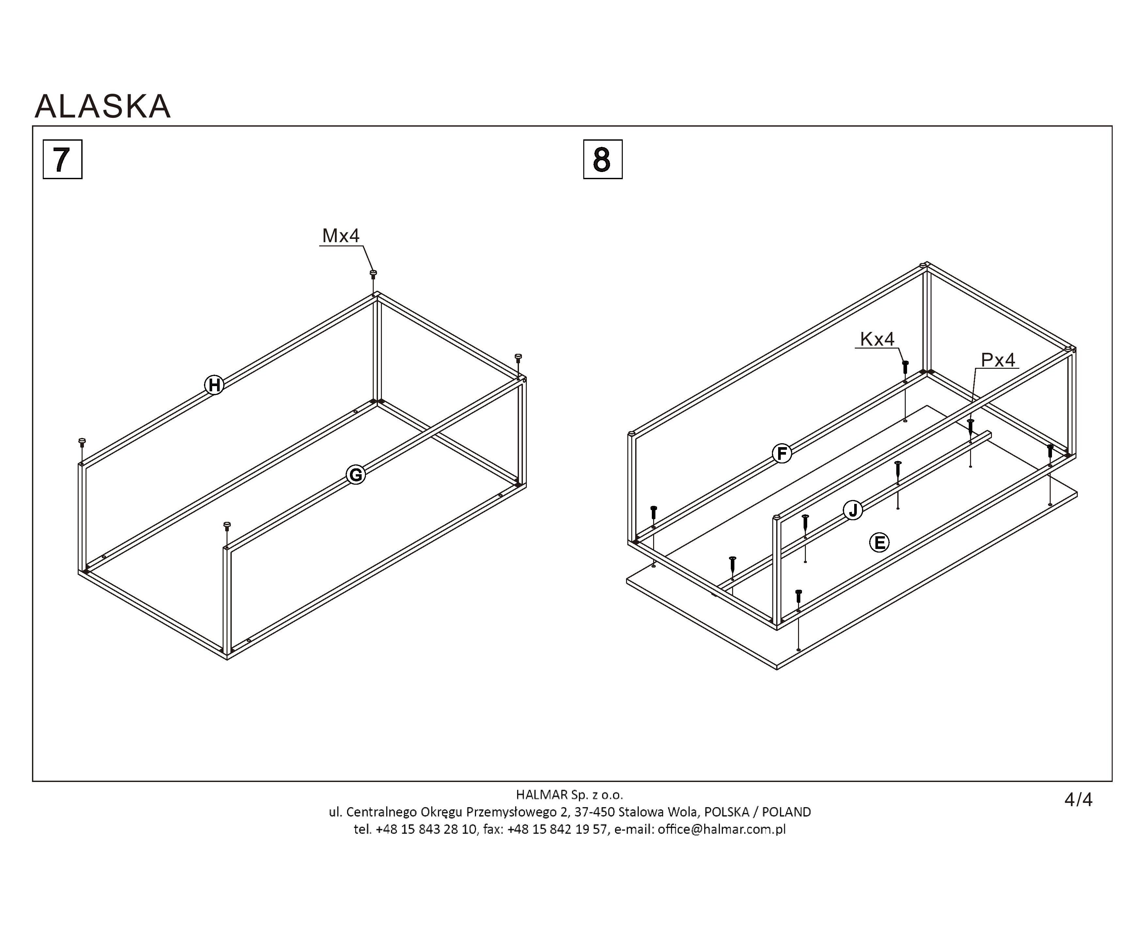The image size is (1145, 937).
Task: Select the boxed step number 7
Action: pos(63,159)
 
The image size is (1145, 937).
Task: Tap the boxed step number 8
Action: pos(603,159)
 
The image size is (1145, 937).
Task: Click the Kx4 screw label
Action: pos(877,339)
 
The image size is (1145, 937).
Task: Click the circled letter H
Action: pos(214,385)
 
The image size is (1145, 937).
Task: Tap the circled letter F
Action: pos(782,453)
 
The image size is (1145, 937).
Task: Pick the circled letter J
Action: pos(853,510)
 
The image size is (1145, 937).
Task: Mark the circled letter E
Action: pos(879,542)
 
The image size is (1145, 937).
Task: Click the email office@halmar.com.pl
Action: pos(721,829)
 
